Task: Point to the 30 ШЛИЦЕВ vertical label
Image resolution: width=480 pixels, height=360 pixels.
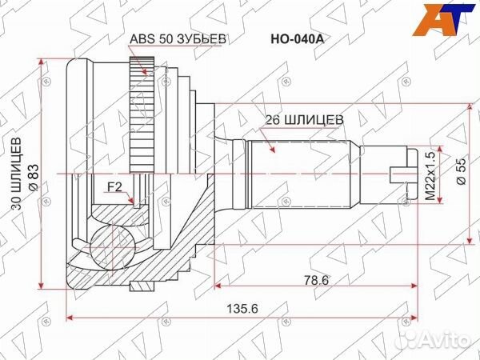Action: (x=15, y=175)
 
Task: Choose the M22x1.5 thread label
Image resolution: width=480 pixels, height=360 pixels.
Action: (x=430, y=175)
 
